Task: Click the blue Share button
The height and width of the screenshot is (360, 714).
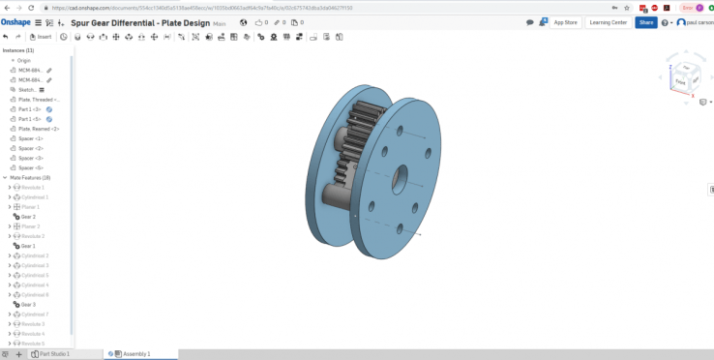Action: pos(645,22)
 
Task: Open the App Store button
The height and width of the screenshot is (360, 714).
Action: pos(564,22)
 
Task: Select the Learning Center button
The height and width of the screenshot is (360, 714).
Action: pos(609,22)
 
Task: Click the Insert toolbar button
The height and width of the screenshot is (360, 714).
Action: pos(42,37)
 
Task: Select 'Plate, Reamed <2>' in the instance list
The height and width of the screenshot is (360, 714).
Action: pos(39,129)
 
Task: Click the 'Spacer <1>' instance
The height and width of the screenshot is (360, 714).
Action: pos(32,138)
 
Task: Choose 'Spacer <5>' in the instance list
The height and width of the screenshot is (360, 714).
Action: pos(32,167)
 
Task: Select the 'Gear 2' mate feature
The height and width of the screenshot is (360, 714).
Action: pos(28,217)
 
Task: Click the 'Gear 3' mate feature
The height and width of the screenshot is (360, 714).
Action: pos(28,304)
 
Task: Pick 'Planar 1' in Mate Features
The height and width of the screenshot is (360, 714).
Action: pos(30,207)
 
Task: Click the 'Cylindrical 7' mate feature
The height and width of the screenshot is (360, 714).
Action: pos(34,315)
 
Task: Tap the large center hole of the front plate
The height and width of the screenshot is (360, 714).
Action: pos(400,180)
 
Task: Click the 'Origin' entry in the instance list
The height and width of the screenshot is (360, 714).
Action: pos(24,60)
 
